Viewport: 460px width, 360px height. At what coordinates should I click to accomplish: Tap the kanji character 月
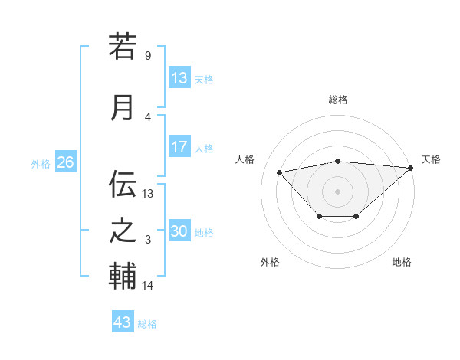point(123,107)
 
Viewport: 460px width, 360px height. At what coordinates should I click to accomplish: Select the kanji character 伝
point(123,184)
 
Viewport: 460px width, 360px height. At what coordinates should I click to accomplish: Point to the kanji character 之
point(123,231)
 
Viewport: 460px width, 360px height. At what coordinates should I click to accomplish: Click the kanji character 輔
point(123,277)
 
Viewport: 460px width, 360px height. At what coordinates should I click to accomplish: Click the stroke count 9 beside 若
point(148,56)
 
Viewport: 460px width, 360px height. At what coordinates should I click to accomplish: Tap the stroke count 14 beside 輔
point(148,286)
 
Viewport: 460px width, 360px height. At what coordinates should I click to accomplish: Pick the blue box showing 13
point(179,78)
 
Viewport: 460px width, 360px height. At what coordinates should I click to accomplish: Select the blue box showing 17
point(179,147)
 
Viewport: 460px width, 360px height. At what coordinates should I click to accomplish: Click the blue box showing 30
point(179,231)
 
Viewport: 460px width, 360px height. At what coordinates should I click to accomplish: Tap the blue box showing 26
point(65,162)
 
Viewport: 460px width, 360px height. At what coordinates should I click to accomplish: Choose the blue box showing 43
point(122,322)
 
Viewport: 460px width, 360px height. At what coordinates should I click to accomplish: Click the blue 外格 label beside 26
point(41,163)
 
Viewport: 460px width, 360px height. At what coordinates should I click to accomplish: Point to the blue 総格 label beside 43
point(147,324)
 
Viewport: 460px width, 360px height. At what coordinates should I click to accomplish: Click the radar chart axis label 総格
point(338,100)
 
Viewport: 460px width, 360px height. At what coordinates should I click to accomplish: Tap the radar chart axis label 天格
point(431,159)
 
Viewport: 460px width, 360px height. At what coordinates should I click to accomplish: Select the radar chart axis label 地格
point(402,262)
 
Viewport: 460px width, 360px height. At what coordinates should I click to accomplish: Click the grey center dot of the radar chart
point(337,191)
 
